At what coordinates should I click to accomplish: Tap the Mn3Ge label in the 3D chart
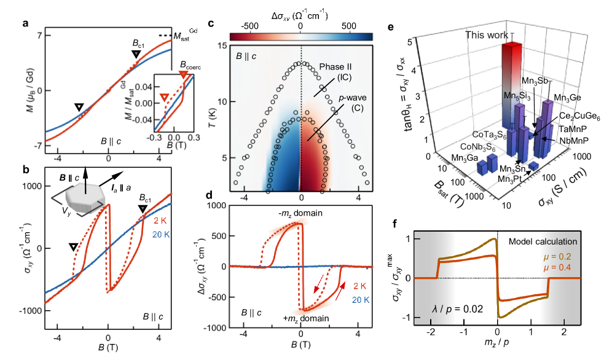568,98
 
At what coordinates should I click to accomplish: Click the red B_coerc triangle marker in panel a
182,75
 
